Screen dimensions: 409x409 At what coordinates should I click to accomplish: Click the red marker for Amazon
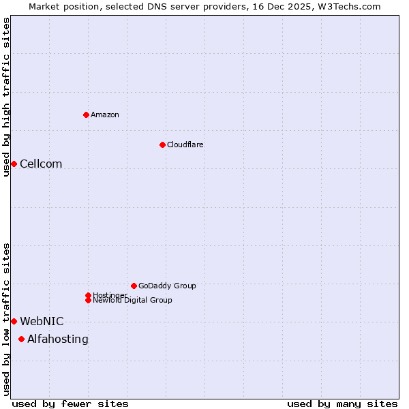point(86,115)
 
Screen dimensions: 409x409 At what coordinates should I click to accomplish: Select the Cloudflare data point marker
point(162,145)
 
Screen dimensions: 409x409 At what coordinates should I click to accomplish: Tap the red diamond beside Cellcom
point(14,164)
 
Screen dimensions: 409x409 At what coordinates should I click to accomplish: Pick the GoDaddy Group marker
point(134,286)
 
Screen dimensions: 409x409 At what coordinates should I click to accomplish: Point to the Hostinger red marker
point(88,295)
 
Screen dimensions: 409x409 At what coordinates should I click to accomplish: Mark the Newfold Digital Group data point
point(88,300)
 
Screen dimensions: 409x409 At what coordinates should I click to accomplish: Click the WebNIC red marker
point(14,321)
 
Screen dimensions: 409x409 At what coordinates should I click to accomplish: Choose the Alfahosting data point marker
point(21,339)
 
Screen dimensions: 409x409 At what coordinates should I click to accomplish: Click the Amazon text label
point(104,115)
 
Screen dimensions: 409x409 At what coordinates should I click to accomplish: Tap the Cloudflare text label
point(185,145)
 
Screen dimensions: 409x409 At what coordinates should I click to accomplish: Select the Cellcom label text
point(41,164)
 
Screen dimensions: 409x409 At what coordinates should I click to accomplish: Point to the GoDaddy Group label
point(167,286)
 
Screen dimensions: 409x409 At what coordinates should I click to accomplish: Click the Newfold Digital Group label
point(132,300)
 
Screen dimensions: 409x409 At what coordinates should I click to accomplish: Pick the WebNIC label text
point(42,321)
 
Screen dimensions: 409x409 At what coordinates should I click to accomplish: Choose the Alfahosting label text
point(57,339)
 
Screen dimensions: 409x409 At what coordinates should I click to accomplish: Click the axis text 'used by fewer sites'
point(70,404)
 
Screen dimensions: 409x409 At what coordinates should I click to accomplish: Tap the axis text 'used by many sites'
point(342,404)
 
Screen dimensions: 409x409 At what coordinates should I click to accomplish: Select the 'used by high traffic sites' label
point(6,97)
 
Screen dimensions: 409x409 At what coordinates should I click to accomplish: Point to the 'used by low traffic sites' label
point(6,319)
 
